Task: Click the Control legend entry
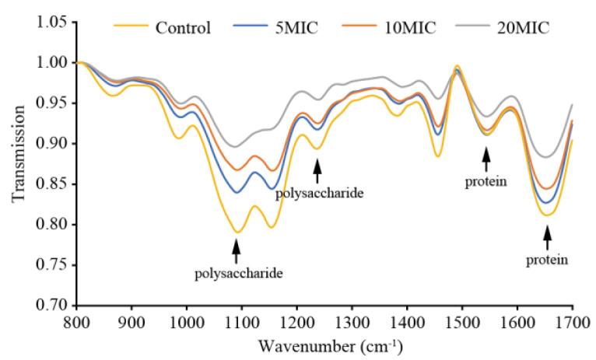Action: (183, 29)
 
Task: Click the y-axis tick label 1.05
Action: (51, 22)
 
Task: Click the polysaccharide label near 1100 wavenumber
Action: (238, 273)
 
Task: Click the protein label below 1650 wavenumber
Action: (547, 259)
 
